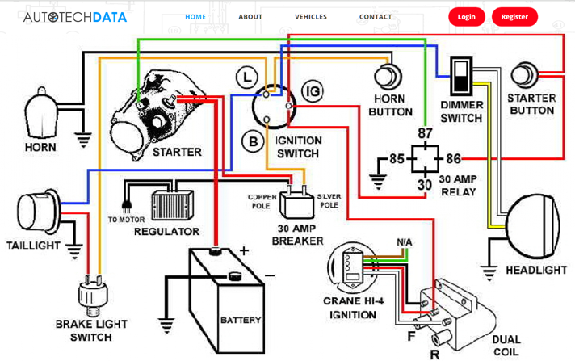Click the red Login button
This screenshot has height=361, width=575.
tap(467, 16)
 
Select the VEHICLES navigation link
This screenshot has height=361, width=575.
tap(311, 16)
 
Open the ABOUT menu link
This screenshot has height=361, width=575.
tap(250, 16)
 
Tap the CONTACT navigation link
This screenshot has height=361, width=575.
tap(376, 16)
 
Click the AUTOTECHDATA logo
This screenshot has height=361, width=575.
tap(75, 16)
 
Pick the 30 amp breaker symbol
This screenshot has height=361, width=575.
tap(296, 202)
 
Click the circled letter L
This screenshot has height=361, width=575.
tap(246, 78)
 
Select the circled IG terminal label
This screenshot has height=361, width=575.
tap(313, 91)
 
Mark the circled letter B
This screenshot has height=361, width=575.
tap(253, 142)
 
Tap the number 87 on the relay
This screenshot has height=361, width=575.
tap(425, 133)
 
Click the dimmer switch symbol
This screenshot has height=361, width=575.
tap(461, 77)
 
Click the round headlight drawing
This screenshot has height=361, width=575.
tap(534, 216)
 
